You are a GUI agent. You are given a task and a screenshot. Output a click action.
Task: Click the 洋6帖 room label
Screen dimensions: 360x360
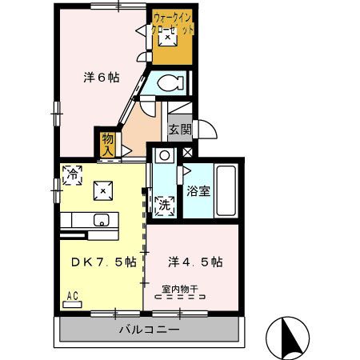pos(102,78)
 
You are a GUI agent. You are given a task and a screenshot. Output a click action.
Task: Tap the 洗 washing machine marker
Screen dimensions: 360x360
pos(163,204)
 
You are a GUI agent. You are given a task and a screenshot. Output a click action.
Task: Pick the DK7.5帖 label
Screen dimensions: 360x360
pos(102,262)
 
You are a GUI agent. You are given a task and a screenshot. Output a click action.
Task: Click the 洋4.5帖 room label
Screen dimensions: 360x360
pos(194,262)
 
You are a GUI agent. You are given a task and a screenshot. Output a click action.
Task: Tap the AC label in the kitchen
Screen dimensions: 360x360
pos(72,296)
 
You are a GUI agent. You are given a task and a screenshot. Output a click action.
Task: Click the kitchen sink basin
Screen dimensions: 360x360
pos(101,219)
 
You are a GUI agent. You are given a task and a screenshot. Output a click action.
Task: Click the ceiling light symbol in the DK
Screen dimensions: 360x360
pos(102,189)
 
